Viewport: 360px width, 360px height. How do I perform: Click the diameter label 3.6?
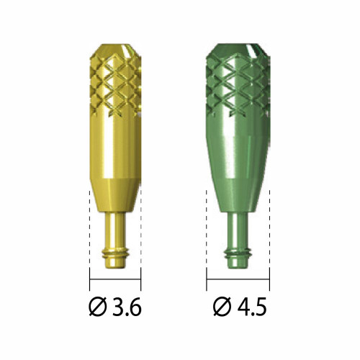pyautogui.click(x=126, y=307)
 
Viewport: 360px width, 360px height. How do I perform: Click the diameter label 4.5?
pyautogui.click(x=252, y=307)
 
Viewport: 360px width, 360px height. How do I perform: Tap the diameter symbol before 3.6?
pyautogui.click(x=98, y=307)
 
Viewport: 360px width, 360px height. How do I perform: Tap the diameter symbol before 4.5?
pyautogui.click(x=222, y=307)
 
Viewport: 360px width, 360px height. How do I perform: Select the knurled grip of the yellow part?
pyautogui.click(x=115, y=85)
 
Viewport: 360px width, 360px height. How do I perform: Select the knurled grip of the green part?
pyautogui.click(x=238, y=85)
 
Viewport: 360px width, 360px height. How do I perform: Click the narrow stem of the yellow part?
pyautogui.click(x=114, y=230)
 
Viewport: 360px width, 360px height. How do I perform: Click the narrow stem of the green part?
pyautogui.click(x=238, y=230)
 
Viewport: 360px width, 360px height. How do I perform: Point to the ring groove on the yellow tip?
pyautogui.click(x=115, y=254)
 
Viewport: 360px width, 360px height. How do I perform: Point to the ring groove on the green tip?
pyautogui.click(x=238, y=254)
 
